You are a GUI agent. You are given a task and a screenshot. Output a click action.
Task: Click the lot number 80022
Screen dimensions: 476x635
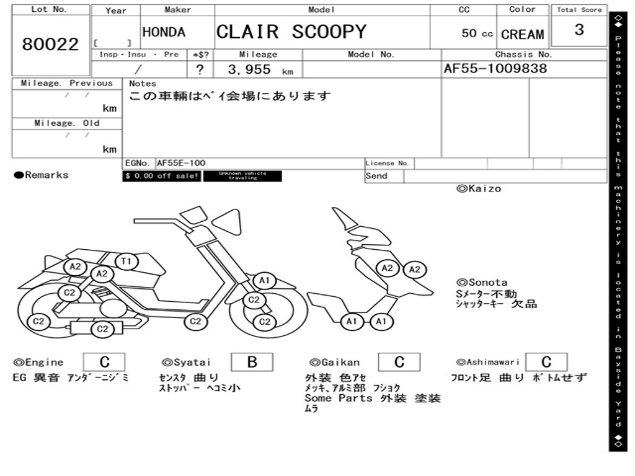[x=50, y=45]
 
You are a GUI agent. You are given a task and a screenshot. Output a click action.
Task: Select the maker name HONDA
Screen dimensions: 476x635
[x=164, y=32]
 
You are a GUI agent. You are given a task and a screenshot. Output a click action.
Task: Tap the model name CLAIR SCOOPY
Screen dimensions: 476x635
[x=291, y=32]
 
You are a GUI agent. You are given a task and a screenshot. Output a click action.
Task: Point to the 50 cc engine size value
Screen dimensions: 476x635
[x=477, y=33]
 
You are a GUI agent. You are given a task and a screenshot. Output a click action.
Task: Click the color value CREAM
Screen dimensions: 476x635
[x=522, y=35]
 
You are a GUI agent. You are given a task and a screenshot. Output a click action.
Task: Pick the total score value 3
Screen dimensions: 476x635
[x=579, y=30]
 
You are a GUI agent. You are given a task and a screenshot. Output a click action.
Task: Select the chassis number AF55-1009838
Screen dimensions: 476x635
[x=495, y=69]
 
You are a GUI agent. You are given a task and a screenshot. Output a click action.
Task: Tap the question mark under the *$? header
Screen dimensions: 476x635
[x=200, y=70]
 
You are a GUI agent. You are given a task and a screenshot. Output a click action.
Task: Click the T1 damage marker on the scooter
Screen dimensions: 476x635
[x=126, y=262]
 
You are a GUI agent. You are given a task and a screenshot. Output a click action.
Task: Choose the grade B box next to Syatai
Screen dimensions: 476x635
[x=252, y=362]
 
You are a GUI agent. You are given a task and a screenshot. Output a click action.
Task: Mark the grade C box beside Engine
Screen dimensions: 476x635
[x=104, y=362]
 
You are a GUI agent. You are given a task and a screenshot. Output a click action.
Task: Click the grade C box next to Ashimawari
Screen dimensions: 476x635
[x=546, y=362]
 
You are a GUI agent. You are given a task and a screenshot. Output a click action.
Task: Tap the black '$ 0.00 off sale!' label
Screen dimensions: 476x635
[x=161, y=176]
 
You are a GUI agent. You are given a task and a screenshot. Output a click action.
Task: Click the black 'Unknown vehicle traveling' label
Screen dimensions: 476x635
[x=242, y=176]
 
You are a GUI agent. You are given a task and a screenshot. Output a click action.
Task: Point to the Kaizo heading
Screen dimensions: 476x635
[x=478, y=188]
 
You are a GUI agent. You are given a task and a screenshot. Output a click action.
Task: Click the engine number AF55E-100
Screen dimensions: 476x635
[x=180, y=163]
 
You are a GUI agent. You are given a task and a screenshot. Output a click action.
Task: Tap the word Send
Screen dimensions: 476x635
[x=376, y=176]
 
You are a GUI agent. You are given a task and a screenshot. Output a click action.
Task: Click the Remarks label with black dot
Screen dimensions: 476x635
[x=42, y=175]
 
